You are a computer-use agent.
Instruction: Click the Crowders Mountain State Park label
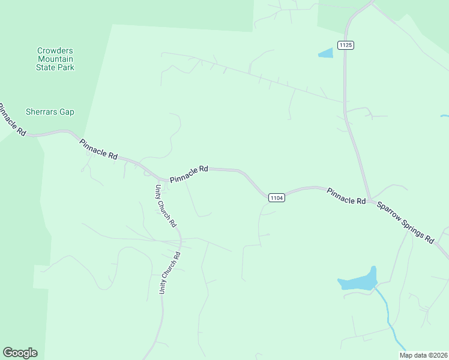click(x=55, y=59)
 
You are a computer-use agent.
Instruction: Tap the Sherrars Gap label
click(x=50, y=112)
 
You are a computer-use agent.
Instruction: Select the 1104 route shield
click(x=276, y=197)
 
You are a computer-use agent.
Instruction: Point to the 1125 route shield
click(x=346, y=45)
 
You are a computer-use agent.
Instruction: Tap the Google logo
click(x=20, y=353)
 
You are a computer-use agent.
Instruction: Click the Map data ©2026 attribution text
click(x=423, y=355)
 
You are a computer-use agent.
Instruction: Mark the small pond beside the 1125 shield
click(x=325, y=53)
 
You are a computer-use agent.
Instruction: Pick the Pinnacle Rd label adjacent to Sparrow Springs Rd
click(x=346, y=196)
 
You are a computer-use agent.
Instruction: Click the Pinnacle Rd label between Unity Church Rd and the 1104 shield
click(x=188, y=175)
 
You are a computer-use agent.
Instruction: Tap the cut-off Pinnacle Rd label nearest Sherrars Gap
click(x=13, y=119)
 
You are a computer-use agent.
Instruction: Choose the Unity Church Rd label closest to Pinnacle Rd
click(x=166, y=205)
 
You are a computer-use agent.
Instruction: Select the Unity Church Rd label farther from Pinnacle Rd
click(x=169, y=272)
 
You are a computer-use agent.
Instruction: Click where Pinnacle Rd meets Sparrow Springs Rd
click(x=370, y=199)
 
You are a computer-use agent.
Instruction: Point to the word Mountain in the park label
click(x=55, y=59)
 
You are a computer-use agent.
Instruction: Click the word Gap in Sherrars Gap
click(x=66, y=112)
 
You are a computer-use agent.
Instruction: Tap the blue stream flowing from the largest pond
click(x=388, y=318)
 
